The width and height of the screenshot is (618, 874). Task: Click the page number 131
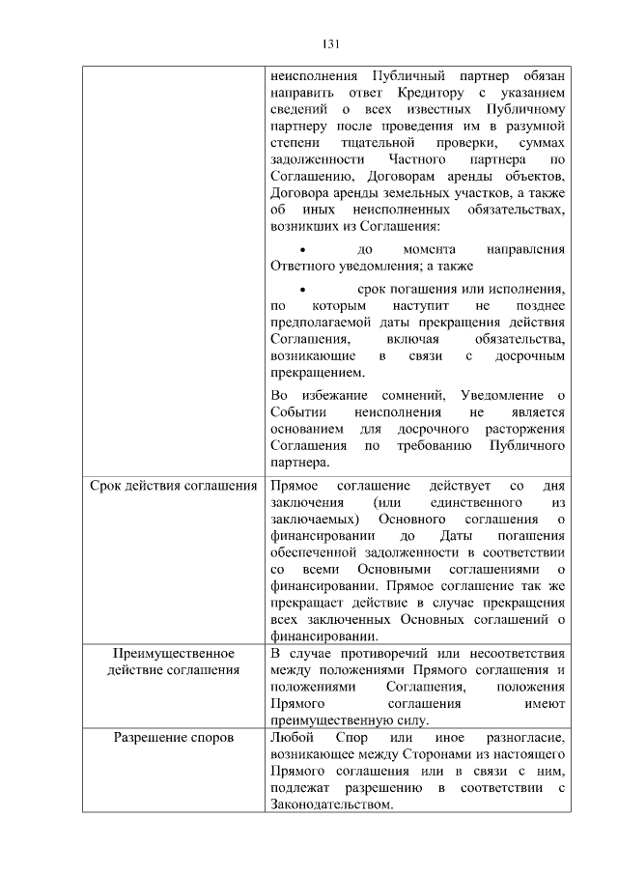coord(329,43)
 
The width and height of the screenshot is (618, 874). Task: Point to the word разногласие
coord(524,739)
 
